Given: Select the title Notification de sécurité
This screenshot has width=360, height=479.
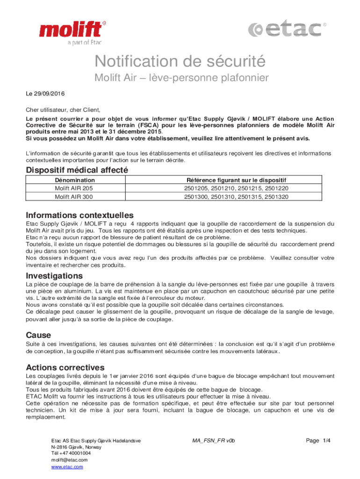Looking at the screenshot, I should click(180, 61).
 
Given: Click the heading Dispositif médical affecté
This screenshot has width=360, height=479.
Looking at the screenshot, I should click(77, 170).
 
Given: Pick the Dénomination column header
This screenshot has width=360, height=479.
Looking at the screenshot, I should click(75, 180).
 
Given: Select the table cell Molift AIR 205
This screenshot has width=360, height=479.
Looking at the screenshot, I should click(74, 189).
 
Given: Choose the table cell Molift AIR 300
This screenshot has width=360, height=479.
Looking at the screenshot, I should click(74, 197).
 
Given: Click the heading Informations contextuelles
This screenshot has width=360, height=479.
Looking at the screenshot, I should click(80, 215).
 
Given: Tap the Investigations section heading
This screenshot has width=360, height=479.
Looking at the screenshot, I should click(54, 275).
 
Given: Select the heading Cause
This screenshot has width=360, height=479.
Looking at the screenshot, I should click(38, 335).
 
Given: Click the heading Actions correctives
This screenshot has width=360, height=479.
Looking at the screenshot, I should click(65, 367).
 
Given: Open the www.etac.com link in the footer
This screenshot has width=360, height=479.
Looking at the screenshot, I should click(67, 467).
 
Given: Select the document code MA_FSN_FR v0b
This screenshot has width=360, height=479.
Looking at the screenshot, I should click(213, 441).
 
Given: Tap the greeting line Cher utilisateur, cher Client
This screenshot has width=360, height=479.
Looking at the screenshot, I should click(63, 110).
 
